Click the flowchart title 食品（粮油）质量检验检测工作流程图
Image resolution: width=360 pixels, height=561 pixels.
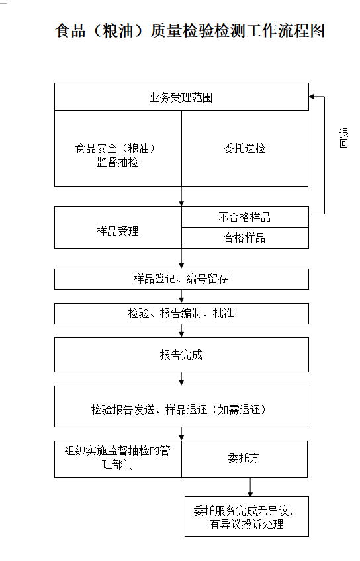[190, 31]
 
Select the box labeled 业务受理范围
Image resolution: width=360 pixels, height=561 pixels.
[181, 97]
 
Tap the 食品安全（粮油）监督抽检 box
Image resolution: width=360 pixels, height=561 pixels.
[118, 148]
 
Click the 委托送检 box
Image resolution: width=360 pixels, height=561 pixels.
[245, 148]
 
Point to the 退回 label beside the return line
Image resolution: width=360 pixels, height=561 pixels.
[343, 138]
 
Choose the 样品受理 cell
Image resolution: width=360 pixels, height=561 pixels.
[118, 228]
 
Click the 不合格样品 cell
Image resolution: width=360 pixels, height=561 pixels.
[245, 217]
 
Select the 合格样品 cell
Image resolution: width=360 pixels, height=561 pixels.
[245, 238]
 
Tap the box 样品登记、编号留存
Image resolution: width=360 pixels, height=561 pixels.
[181, 279]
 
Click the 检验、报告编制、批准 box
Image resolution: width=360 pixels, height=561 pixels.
[181, 314]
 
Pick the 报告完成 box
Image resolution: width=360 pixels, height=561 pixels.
[181, 355]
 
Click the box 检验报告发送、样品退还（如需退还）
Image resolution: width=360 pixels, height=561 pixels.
[181, 406]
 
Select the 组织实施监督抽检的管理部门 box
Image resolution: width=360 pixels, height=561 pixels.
[118, 459]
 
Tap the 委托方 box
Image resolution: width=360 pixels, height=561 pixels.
[244, 459]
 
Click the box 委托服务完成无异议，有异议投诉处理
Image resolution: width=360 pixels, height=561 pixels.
[247, 516]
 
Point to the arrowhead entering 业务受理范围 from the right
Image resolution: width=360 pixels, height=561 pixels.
[311, 97]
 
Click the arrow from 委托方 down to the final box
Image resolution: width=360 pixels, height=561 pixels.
[250, 487]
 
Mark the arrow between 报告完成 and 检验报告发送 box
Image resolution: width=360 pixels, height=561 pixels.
[181, 379]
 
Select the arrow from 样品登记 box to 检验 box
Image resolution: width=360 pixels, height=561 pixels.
[181, 296]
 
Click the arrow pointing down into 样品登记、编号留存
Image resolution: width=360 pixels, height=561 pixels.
[181, 258]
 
